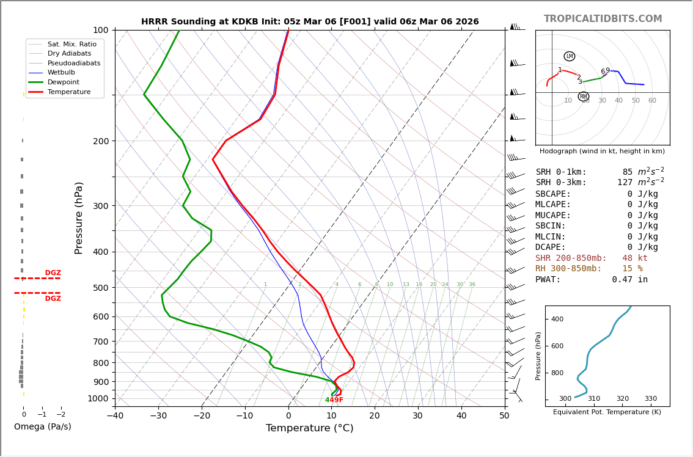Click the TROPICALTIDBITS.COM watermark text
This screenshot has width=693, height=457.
pos(603,19)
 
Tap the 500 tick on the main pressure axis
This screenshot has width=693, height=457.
pos(100,288)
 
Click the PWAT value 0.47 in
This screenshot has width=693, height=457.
pos(629,280)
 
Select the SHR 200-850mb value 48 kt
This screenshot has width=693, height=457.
pos(635,258)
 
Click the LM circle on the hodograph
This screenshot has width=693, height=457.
pos(569,56)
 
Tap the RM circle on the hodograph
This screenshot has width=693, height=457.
pos(583,97)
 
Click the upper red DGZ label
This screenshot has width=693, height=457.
pos(53,273)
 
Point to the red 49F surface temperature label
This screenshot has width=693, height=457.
pos(336,400)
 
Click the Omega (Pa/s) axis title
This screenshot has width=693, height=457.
pos(42,427)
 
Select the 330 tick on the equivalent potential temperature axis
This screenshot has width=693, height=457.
pos(650,399)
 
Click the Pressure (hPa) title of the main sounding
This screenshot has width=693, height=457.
pos(79,218)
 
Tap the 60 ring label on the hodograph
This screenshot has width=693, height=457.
pos(652,101)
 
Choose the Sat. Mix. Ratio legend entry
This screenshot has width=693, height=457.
pos(71,45)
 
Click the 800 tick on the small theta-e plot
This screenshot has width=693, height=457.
pos(557,373)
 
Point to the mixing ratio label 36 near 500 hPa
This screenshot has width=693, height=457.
pos(472,285)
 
